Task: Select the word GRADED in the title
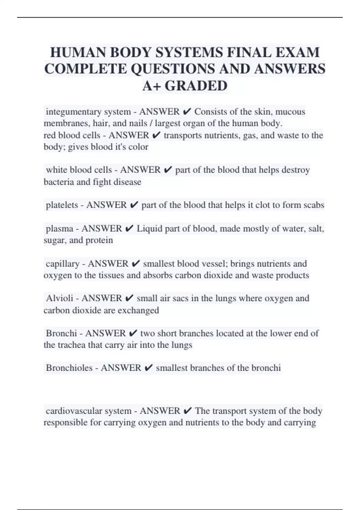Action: (x=196, y=86)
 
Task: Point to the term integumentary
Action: (x=73, y=112)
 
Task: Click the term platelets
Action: (x=62, y=205)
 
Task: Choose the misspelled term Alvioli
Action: (x=59, y=298)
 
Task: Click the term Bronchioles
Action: (x=69, y=368)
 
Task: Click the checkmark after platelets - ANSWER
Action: (x=134, y=205)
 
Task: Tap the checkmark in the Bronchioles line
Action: (x=148, y=368)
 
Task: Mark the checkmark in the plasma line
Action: (x=129, y=229)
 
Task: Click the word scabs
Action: (x=314, y=205)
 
